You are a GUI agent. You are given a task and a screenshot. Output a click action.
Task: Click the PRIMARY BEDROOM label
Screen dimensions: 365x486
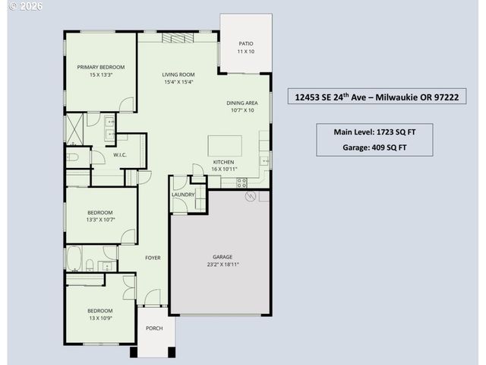point(100,67)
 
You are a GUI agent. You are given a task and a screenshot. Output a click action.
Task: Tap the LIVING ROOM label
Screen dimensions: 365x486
point(178,75)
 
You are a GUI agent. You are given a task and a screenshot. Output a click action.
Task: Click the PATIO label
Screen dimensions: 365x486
point(245,44)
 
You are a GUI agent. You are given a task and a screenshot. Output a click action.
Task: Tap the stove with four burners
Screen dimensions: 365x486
point(242,182)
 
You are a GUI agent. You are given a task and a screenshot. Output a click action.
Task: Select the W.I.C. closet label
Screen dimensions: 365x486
point(119,155)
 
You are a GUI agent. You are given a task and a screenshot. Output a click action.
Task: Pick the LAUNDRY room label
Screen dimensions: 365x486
point(183,195)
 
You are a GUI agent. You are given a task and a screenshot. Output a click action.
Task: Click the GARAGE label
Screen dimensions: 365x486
point(222,257)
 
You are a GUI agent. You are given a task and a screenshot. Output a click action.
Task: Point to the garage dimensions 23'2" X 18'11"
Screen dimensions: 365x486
point(222,265)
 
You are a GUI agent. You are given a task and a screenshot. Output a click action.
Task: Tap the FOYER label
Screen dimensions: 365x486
point(153,258)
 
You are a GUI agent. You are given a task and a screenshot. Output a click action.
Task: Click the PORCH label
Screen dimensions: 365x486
point(154,328)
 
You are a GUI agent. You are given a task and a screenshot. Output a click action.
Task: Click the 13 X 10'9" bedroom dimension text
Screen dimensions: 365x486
point(99,317)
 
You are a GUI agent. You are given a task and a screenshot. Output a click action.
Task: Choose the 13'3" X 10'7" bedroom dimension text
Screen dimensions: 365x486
point(99,219)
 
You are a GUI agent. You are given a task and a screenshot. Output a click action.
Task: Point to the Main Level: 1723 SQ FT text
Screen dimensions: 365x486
point(374,132)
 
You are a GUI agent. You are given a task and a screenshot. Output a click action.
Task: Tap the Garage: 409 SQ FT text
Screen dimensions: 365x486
point(374,148)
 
